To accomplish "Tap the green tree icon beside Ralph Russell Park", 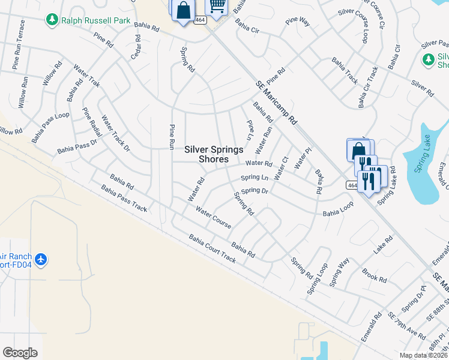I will tap(52, 20).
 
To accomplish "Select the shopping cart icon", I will tap(217, 7).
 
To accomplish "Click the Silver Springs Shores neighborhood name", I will tap(214, 154).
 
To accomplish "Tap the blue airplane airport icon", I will tap(41, 260).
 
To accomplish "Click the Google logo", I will tap(20, 353).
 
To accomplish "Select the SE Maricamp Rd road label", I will tap(277, 103).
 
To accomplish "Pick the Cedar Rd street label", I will tap(137, 47).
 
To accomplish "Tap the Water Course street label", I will tap(213, 218).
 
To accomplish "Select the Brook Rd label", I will tap(375, 274).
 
